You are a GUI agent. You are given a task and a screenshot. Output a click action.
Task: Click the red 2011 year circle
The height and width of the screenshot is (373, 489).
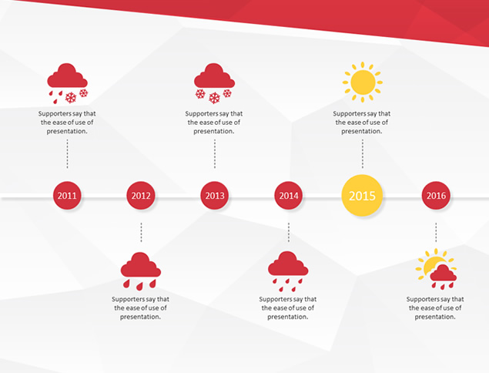coord(67,196)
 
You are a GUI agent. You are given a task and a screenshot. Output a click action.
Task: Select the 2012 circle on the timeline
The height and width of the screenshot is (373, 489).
coord(141,196)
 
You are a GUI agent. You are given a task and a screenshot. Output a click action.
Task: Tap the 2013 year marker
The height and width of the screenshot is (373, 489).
coord(215,196)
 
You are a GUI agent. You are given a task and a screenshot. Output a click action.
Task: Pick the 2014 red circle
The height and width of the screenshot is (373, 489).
coord(289,196)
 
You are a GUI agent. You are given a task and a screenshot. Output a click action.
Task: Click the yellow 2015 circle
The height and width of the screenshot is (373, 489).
coord(362,196)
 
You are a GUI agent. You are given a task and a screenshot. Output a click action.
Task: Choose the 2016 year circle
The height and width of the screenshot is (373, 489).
coord(436,196)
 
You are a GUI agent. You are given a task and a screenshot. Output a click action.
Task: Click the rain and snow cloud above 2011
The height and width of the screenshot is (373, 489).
coord(67,83)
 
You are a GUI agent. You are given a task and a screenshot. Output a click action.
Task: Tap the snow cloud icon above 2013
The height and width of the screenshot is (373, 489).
coord(214,83)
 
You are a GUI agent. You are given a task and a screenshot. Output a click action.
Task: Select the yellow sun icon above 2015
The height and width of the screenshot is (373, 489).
coord(363,82)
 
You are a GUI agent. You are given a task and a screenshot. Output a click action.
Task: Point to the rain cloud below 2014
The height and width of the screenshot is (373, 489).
coord(288,271)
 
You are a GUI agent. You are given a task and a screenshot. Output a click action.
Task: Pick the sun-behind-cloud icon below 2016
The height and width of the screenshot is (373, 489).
coord(436,269)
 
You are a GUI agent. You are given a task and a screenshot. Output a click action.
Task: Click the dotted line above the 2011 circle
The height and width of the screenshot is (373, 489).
coord(67,154)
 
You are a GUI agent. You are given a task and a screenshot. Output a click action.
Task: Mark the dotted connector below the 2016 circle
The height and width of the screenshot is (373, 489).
coord(436,233)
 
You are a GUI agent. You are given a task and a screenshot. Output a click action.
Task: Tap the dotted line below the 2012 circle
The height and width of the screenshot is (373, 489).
coord(141,233)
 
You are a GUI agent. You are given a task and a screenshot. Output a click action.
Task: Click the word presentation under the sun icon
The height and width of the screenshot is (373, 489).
coord(362,132)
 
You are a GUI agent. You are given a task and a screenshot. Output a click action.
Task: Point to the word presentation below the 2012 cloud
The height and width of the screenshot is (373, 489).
coord(140,317)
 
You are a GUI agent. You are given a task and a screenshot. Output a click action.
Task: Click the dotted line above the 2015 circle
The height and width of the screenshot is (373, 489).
coord(363,154)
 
